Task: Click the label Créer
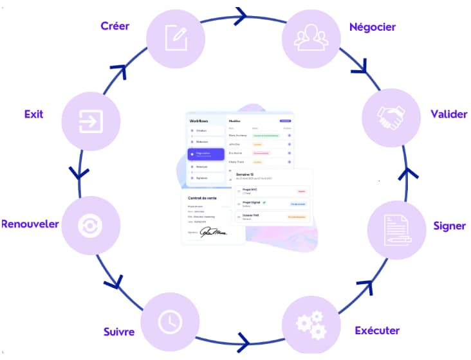click(x=115, y=26)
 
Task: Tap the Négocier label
click(x=372, y=27)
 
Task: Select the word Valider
click(x=448, y=114)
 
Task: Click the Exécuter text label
click(x=377, y=331)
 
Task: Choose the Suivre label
click(x=119, y=332)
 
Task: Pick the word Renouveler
click(x=30, y=224)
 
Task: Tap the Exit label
click(x=33, y=114)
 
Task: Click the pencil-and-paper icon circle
click(x=176, y=36)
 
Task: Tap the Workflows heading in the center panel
click(x=199, y=121)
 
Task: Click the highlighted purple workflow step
click(x=206, y=154)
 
